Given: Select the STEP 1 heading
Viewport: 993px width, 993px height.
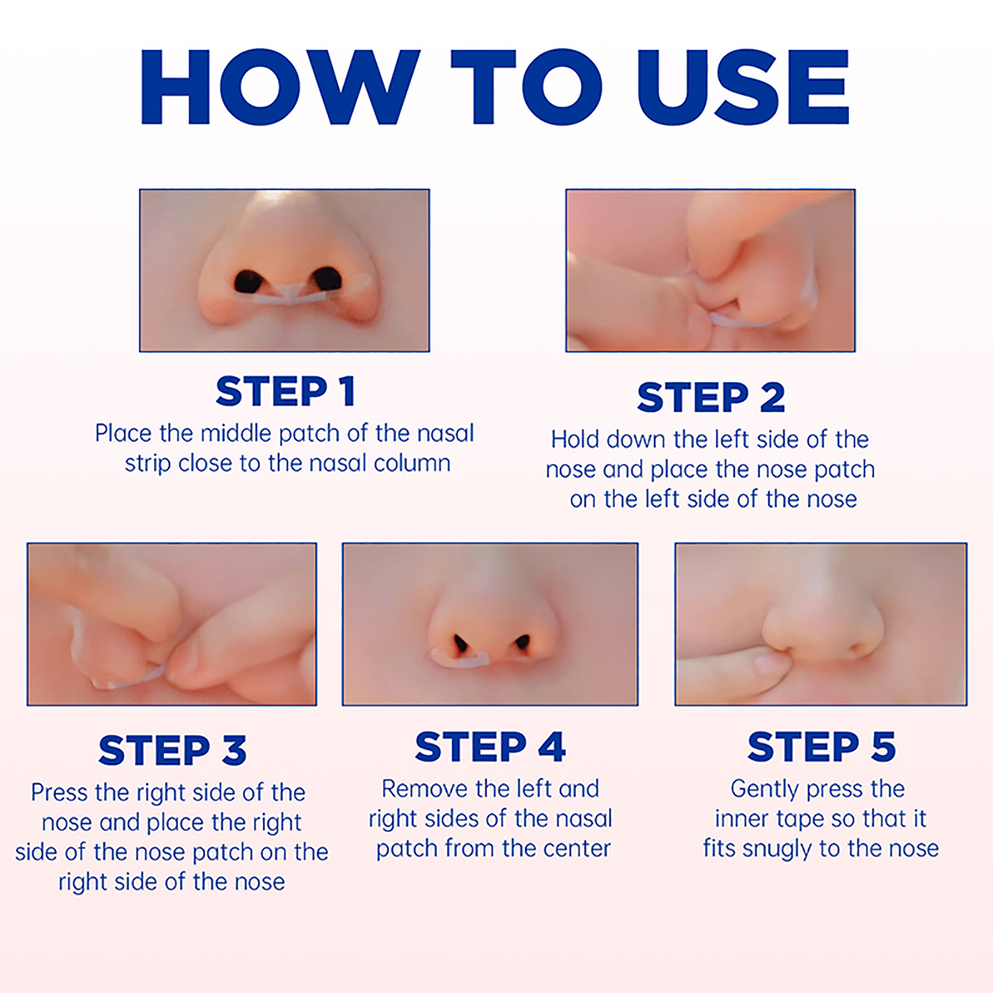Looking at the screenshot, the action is pos(285,392).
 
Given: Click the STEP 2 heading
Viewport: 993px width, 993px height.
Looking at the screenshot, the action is pos(711,397).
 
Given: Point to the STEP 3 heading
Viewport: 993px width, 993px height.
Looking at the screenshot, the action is pos(173,750).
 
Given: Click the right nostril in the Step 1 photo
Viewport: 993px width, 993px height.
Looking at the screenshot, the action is pos(327,279).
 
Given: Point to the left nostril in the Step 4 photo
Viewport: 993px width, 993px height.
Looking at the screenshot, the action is pos(461,644).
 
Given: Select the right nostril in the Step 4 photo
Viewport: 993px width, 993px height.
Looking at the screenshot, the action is pos(522,642).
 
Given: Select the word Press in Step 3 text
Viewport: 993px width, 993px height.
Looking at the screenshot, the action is pos(60,793).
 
